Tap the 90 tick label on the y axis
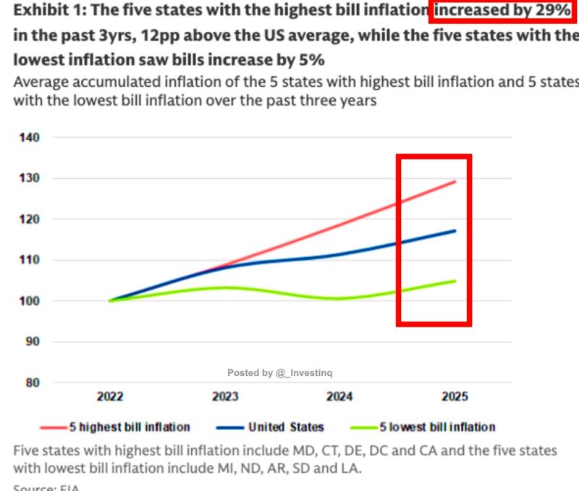point(32,341)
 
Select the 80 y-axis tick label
point(32,382)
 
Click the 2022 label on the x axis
point(110,396)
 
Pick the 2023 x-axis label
point(225,396)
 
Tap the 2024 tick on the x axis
point(339,396)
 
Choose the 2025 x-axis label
point(455,396)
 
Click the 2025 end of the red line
point(455,182)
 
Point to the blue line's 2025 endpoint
point(455,231)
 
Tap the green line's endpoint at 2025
point(455,281)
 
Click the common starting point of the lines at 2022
point(110,301)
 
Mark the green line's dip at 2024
point(339,298)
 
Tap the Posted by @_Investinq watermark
point(279,372)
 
